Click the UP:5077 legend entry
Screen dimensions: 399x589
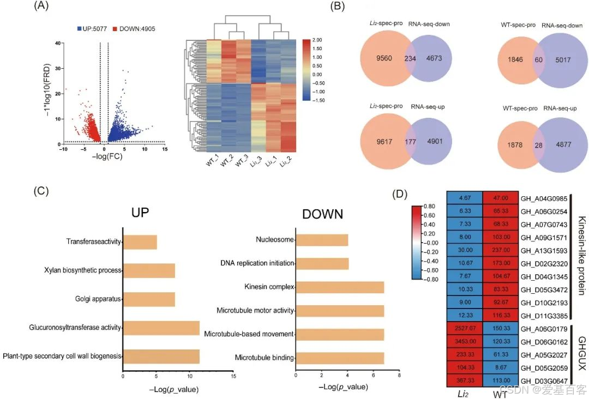click(x=91, y=28)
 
